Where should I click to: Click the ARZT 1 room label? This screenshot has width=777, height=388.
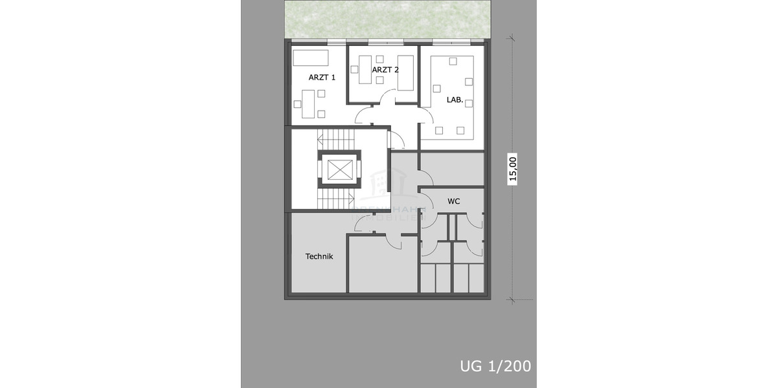point(322,77)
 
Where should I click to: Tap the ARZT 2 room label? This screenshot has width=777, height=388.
point(385,69)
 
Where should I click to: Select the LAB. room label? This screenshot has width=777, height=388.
point(455,100)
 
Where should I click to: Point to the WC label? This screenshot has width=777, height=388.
point(453,202)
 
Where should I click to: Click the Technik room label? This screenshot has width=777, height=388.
point(319,257)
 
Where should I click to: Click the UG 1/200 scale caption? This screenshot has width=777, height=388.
point(495,366)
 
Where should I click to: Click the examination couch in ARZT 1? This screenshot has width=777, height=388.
point(311,58)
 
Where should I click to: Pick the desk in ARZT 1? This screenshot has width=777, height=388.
point(308,103)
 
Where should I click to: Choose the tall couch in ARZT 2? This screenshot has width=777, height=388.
point(405,77)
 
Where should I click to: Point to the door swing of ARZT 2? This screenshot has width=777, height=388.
point(387,100)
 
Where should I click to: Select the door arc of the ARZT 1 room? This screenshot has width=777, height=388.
point(363,116)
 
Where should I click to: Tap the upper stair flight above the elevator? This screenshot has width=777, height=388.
point(337,138)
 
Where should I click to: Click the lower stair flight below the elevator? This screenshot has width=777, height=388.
point(337,199)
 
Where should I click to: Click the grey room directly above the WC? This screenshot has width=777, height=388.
point(452,169)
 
